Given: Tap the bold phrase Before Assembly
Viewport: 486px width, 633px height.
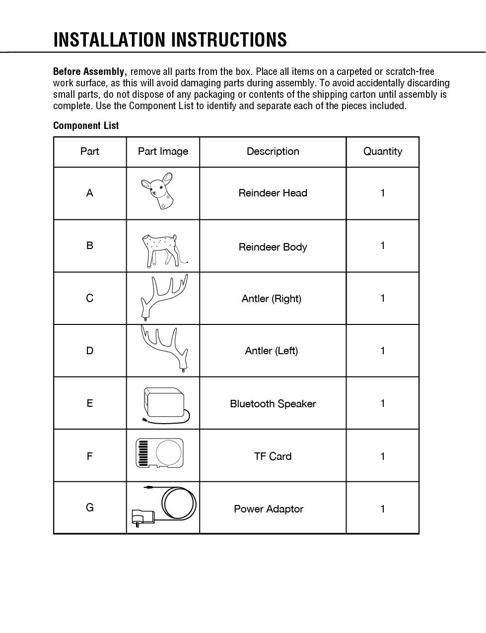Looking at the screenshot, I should (89, 71).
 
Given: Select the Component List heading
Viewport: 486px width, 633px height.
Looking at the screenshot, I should (86, 126).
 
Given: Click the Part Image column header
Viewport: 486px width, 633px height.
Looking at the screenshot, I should (163, 151).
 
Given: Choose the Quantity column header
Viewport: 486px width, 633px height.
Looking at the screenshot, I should (383, 151).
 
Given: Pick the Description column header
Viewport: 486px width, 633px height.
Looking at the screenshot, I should (273, 151).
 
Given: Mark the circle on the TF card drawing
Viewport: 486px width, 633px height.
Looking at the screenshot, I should (169, 452).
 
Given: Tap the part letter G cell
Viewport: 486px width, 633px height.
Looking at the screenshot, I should (90, 507).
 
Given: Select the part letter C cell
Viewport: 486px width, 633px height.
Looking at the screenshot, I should (90, 298).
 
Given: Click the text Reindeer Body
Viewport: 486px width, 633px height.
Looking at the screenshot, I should (273, 247).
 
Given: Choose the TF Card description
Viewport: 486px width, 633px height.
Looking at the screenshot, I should (273, 456).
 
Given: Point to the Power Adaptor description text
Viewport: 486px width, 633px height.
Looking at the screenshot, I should (269, 509).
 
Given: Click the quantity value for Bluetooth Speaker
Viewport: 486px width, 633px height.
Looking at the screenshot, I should (383, 403).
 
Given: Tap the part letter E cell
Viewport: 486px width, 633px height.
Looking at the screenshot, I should (90, 403).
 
